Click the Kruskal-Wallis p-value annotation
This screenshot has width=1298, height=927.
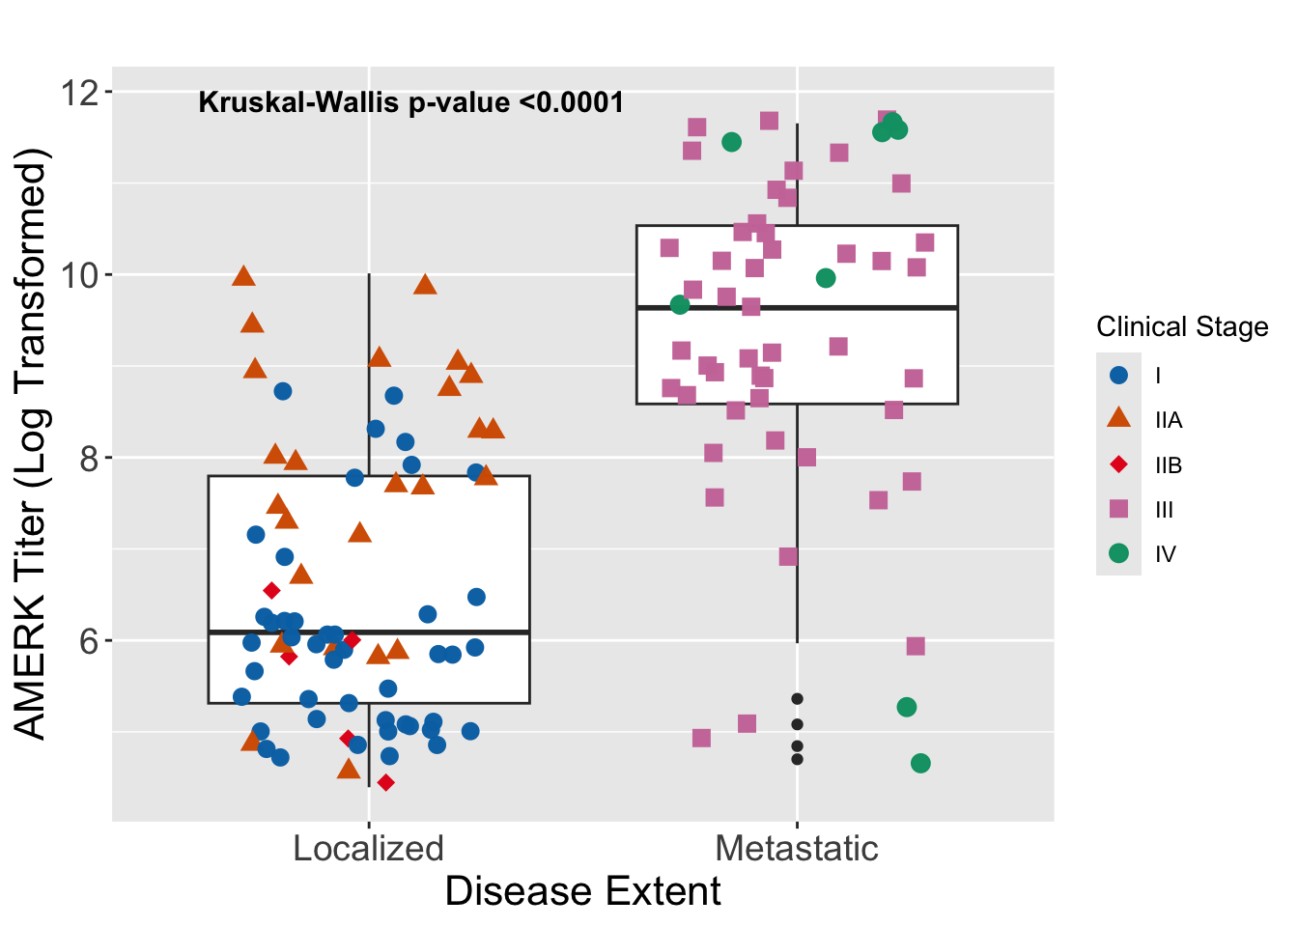tap(410, 102)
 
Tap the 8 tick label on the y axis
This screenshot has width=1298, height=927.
tap(89, 458)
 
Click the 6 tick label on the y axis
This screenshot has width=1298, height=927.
tap(89, 640)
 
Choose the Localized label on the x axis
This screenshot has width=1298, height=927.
tap(368, 849)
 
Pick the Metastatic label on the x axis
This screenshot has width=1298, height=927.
tap(797, 849)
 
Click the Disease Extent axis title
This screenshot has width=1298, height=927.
tap(582, 891)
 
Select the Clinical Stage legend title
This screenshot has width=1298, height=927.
tap(1182, 327)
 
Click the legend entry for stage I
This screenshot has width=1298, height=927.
tap(1119, 376)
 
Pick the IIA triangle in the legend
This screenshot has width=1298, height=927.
tap(1119, 419)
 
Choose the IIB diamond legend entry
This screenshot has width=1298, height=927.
tap(1119, 464)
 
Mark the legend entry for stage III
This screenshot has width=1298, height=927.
tap(1119, 509)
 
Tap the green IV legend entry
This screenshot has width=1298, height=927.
tap(1119, 553)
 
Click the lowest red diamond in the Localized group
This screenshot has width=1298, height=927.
tap(385, 782)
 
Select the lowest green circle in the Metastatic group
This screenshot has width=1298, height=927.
tap(920, 763)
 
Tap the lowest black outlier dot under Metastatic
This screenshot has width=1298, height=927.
tap(797, 759)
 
